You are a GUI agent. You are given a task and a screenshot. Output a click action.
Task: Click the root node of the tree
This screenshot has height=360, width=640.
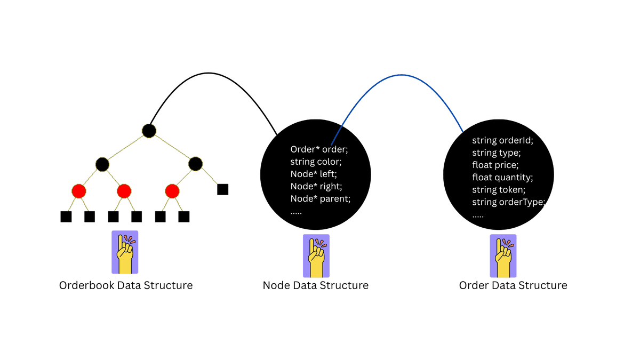pos(149,130)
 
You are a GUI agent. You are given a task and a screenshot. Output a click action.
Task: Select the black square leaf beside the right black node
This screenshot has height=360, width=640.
pos(223,189)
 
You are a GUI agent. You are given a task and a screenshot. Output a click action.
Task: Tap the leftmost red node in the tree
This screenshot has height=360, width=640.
pos(78,190)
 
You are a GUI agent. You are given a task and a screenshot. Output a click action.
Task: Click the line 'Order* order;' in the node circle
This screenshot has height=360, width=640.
pos(319,149)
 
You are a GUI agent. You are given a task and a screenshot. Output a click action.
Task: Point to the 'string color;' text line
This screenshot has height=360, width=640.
pos(316,162)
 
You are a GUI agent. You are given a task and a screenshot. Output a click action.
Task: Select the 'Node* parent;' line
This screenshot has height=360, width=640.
pos(320,199)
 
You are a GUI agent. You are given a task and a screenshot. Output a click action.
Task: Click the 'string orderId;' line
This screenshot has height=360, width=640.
pos(502,141)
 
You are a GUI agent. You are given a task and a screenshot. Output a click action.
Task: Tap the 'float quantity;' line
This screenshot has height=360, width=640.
pos(502,178)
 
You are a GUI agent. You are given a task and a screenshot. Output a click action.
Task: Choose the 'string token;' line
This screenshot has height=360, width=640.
pos(498,190)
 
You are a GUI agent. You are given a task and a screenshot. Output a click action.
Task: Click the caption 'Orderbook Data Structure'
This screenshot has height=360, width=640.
pos(126,285)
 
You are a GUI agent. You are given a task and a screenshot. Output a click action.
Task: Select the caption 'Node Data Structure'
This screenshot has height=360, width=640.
pos(316,285)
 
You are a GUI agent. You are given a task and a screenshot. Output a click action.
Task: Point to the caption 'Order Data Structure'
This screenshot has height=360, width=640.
pos(513,285)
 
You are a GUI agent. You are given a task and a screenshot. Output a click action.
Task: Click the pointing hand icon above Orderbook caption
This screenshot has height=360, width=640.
pos(125,252)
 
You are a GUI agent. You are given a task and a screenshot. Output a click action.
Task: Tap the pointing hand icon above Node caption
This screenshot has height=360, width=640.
pos(316,256)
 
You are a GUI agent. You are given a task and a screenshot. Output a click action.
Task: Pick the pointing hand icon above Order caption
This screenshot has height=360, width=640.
pos(503,256)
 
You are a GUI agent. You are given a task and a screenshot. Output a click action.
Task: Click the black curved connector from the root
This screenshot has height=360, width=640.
pos(209,73)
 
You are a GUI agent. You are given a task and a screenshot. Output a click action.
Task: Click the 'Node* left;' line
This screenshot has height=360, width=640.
pos(314,174)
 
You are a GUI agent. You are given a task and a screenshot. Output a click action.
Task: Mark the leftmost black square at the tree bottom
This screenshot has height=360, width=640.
pos(66,217)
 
